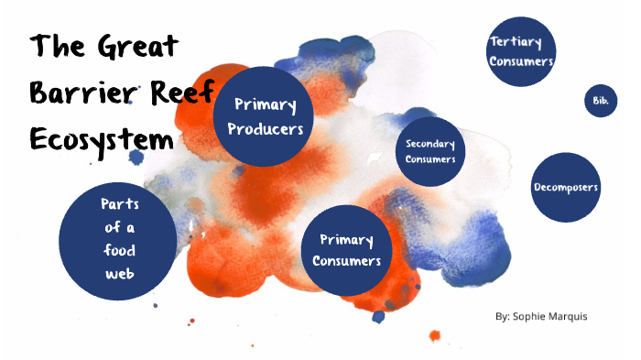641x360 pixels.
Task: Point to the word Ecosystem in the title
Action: tap(101, 140)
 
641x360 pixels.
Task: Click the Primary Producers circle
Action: tap(266, 116)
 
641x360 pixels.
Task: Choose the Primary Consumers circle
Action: tap(346, 251)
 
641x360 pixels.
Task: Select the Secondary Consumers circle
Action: tap(429, 152)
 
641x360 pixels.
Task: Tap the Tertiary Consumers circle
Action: tap(521, 51)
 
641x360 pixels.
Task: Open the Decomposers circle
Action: tap(565, 188)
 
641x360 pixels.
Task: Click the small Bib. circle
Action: tap(600, 100)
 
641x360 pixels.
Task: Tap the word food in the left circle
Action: tap(119, 248)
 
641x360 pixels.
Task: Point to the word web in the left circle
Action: tap(119, 269)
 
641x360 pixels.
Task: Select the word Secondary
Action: tap(430, 145)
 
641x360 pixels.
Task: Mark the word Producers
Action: tap(266, 129)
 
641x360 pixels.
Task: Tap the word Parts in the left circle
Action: tap(119, 203)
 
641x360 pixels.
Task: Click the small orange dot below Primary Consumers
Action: tap(434, 334)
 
